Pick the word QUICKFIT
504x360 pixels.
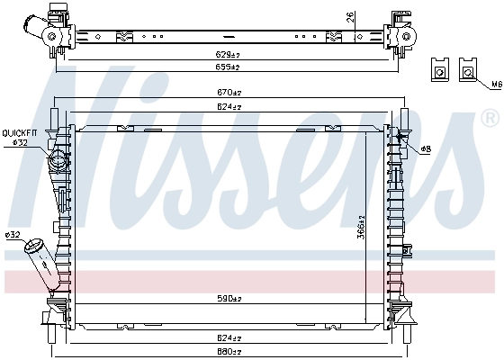tap(19, 133)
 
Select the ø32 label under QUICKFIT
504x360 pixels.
tap(20, 142)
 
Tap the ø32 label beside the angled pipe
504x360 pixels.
tap(13, 235)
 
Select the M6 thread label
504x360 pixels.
tap(494, 85)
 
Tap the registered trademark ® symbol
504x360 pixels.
tap(490, 118)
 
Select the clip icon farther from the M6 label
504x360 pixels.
tap(440, 70)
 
